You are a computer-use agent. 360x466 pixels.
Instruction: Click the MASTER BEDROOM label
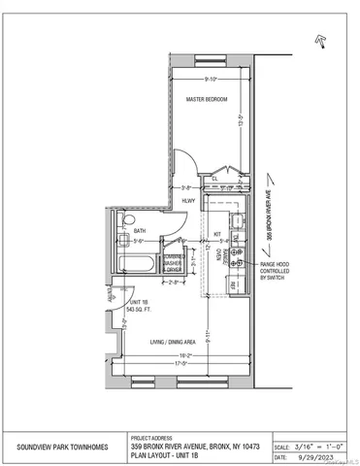point(207,99)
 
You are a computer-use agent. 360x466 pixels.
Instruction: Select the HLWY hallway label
point(188,202)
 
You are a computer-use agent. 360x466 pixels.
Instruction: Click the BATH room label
point(141,230)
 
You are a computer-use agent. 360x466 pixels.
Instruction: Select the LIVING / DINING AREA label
point(175,342)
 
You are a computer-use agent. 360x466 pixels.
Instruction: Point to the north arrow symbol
point(320,39)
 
